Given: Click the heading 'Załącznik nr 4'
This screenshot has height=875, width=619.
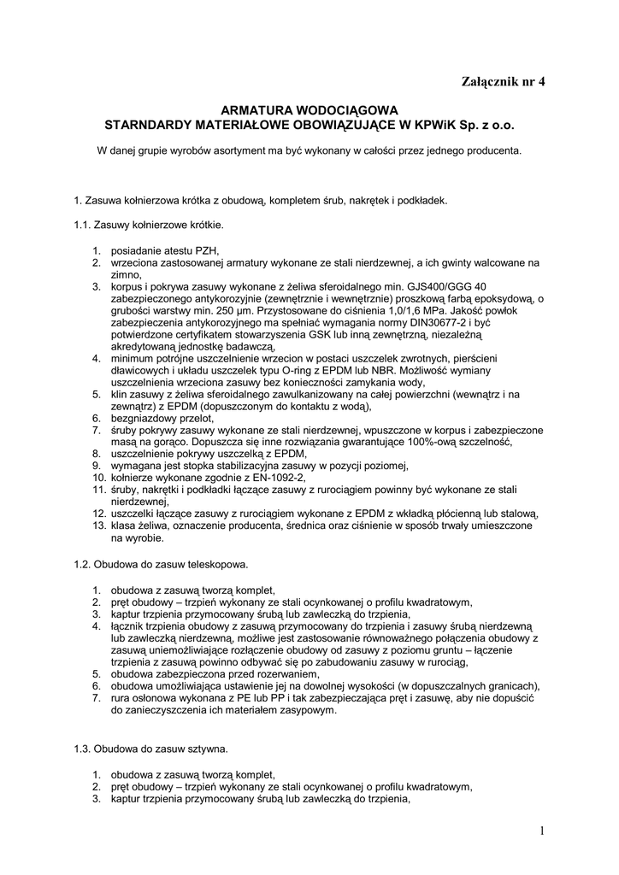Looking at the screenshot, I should click(x=502, y=82).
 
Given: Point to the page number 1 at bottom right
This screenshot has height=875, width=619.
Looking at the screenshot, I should click(x=542, y=831).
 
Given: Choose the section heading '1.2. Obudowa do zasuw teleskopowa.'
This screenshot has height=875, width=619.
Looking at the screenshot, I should click(x=162, y=565).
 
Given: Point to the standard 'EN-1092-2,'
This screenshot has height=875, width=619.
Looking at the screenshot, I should click(x=277, y=477).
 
